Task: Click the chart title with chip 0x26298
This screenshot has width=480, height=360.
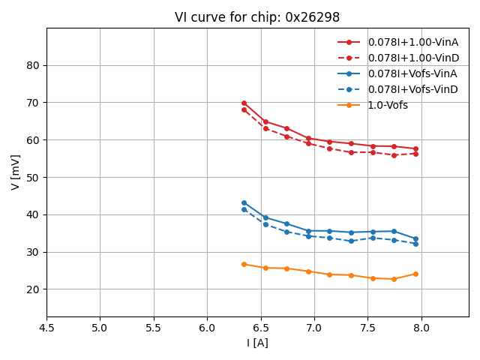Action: coord(257,17)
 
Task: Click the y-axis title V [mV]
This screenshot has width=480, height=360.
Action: coord(16,172)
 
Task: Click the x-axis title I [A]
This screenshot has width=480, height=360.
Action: coord(257,343)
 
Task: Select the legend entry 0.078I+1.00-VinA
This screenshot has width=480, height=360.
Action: coord(412,42)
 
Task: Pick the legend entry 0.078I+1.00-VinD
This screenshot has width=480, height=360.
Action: coord(412,58)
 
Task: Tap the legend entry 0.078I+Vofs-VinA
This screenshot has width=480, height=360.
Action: coord(412,73)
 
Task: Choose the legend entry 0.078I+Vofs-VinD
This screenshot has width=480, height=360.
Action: coord(412,89)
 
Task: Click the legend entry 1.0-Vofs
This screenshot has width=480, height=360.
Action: coord(388,105)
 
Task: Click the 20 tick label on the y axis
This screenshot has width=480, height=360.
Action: coord(33,289)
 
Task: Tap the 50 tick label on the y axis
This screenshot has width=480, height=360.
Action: coord(33,177)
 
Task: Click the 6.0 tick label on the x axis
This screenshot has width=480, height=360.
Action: coord(207,328)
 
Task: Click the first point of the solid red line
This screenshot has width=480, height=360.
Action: coord(244,103)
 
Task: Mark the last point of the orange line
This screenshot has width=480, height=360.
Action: coord(415,274)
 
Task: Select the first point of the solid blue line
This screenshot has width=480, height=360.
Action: coord(244,202)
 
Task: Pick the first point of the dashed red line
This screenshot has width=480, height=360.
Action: coord(244,109)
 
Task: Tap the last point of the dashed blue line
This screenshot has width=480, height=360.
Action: coord(415,244)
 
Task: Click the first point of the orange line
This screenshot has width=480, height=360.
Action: coord(244,264)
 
